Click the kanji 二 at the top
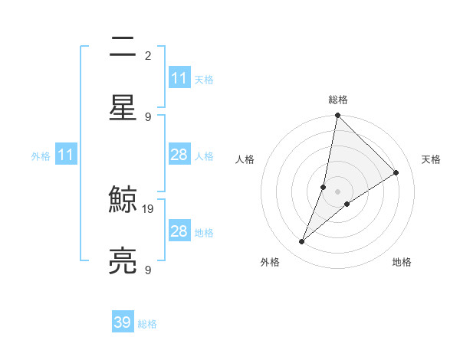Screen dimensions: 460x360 click(x=123, y=48)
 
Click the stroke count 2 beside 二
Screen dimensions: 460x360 click(x=148, y=56)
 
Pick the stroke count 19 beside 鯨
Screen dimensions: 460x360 click(x=149, y=208)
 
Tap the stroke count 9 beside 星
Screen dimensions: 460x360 click(x=148, y=116)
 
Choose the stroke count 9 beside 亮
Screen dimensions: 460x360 click(x=148, y=270)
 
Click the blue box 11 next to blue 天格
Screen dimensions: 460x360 click(x=179, y=78)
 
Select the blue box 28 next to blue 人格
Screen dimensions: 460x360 click(x=179, y=155)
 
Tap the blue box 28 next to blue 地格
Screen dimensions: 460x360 click(x=179, y=231)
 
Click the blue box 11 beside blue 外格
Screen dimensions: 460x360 click(x=66, y=155)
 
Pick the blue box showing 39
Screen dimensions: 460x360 click(x=123, y=322)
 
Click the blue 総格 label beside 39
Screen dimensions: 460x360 click(x=147, y=324)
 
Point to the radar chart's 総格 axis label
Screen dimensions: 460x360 click(x=338, y=100)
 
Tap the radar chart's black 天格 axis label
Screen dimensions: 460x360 click(x=431, y=159)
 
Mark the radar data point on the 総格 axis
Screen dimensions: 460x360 click(x=337, y=116)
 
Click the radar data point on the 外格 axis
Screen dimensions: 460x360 click(x=302, y=242)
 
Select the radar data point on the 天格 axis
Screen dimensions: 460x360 click(x=396, y=173)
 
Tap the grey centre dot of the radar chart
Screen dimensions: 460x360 click(x=337, y=191)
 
